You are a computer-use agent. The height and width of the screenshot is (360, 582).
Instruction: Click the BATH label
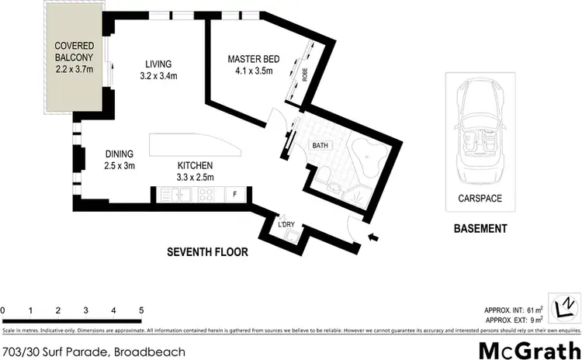click(320, 145)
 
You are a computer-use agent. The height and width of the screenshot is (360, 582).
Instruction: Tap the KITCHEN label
click(195, 165)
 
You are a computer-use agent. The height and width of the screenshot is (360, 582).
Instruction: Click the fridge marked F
click(235, 193)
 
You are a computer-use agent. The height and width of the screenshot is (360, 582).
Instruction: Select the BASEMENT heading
click(480, 229)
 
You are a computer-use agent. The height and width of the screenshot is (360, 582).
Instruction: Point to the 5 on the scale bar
click(140, 310)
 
